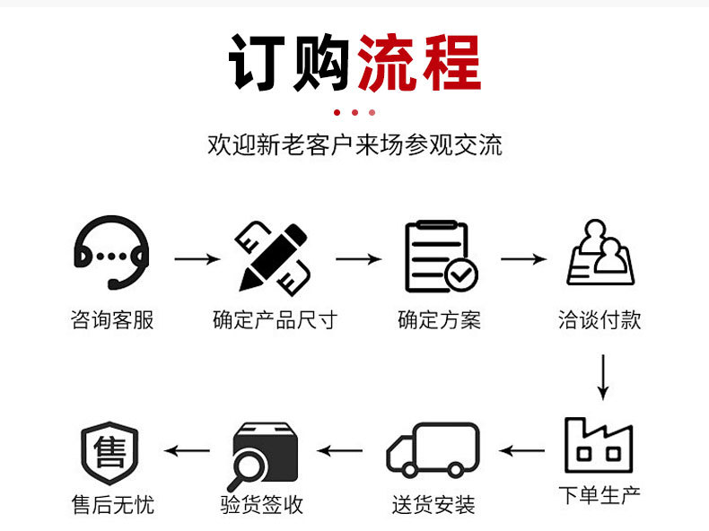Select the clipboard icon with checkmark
pyautogui.click(x=440, y=257)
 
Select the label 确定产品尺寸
pyautogui.click(x=274, y=319)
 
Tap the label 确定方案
pyautogui.click(x=439, y=319)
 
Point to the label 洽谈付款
pyautogui.click(x=600, y=319)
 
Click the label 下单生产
pyautogui.click(x=600, y=494)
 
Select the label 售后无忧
pyautogui.click(x=112, y=505)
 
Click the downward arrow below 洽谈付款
pyautogui.click(x=602, y=377)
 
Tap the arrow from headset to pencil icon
pyautogui.click(x=197, y=259)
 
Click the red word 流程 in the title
pyautogui.click(x=419, y=63)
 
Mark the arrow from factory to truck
pyautogui.click(x=522, y=449)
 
